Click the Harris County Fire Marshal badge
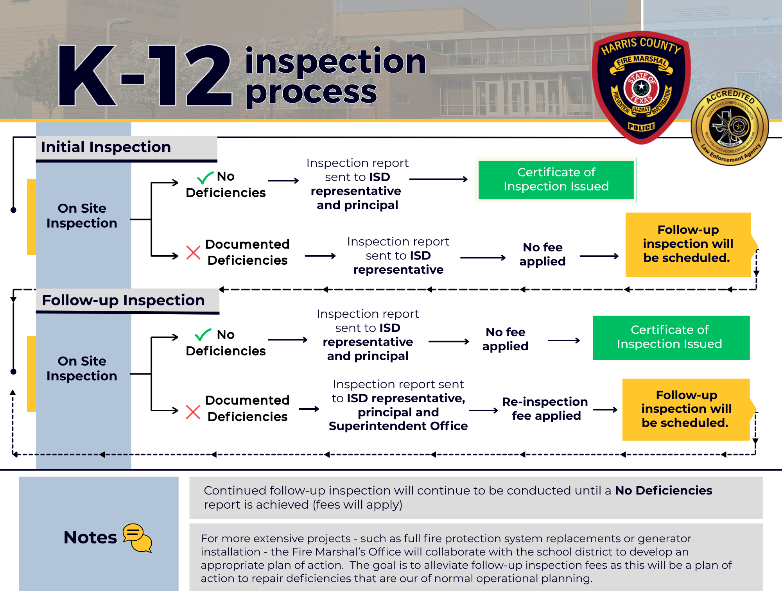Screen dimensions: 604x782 [641, 88]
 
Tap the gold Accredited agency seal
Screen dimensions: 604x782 [730, 126]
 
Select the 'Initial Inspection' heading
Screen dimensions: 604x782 [106, 147]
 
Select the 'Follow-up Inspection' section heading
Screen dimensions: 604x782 [123, 301]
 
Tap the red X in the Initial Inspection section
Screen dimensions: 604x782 [193, 253]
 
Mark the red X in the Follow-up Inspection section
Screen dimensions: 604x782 [193, 412]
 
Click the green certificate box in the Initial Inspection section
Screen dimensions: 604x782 [556, 180]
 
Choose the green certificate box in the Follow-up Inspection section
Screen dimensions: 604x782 [671, 337]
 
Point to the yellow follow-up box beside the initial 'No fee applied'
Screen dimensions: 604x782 [688, 244]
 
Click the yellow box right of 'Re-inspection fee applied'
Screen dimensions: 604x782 [686, 409]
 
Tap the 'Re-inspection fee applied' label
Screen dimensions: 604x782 [545, 409]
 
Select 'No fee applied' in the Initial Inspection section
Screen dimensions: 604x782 [543, 254]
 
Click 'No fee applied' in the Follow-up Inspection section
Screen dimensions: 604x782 [506, 339]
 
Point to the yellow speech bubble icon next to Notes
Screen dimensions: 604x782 [137, 538]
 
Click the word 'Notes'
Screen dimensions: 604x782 [90, 538]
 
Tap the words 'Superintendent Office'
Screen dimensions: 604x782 [398, 426]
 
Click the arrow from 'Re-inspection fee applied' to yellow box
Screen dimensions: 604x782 [605, 410]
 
